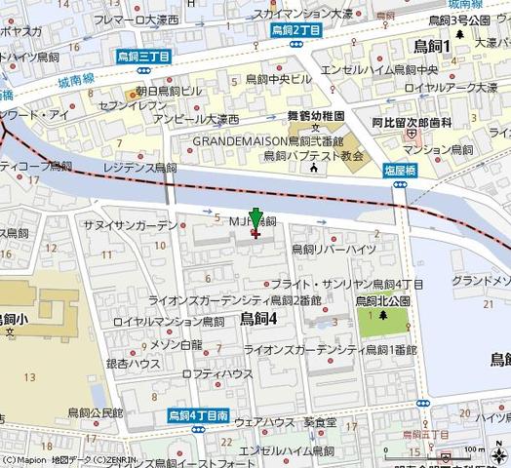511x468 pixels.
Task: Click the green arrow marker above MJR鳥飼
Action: [255, 219]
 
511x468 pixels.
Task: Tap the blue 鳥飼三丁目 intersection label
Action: [143, 58]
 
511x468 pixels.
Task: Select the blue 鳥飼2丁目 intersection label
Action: [296, 30]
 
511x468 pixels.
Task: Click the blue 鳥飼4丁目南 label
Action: [197, 414]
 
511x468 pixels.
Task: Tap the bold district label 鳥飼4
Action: [259, 319]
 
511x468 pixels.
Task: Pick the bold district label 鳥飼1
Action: [431, 45]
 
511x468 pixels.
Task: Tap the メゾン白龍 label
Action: [177, 344]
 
